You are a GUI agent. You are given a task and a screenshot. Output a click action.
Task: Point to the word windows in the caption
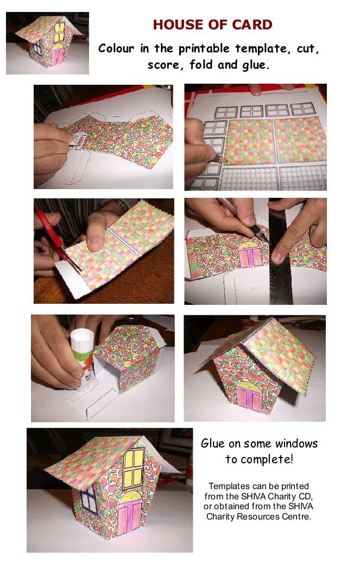pos(296,443)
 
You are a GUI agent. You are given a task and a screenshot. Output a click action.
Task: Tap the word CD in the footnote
pos(306,497)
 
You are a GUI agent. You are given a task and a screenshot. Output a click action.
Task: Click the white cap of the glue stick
pos(82,338)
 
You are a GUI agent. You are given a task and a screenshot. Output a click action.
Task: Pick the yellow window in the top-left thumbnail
pos(59,32)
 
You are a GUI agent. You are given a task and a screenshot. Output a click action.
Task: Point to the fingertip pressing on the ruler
pos(278,255)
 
